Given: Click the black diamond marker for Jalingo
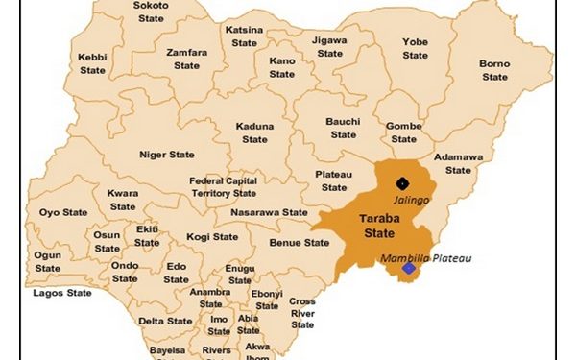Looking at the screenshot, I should coord(403,182).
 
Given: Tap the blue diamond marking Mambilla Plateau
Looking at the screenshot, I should coord(410,269).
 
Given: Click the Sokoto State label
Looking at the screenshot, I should coord(152,12).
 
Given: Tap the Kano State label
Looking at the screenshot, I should coord(282,67).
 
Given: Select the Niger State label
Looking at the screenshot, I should coord(167,155).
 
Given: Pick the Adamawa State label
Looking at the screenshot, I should coord(458,163).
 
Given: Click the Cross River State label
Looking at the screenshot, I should coord(302,313).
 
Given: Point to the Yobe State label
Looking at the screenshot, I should coord(415,49).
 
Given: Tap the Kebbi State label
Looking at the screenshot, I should coord(93,64).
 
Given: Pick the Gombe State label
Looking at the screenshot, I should coord(404,132).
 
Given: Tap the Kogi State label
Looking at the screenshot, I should coord(212,237).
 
